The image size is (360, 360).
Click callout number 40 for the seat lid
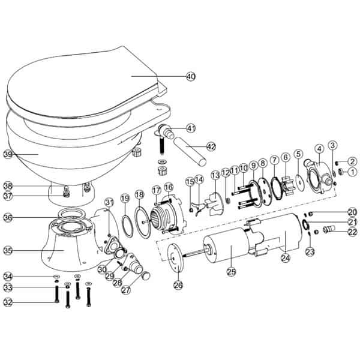coord(191,76)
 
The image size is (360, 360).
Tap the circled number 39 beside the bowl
coord(8,154)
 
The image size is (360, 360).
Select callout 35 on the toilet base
coord(8,251)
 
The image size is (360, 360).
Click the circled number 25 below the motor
coord(231,272)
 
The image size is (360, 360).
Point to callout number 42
coord(211,146)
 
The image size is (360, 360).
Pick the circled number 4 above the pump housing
coord(319,149)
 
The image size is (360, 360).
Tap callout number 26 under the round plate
coord(178,286)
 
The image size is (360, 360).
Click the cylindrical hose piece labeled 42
coord(190,151)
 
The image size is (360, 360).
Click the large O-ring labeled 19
coord(127,226)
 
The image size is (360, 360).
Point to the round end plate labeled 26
coord(176,258)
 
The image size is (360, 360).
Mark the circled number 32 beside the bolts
coord(8,302)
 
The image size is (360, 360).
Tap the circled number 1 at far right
coord(352,172)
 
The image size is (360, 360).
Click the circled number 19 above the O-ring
coord(125,199)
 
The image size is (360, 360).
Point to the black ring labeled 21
coord(305,224)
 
